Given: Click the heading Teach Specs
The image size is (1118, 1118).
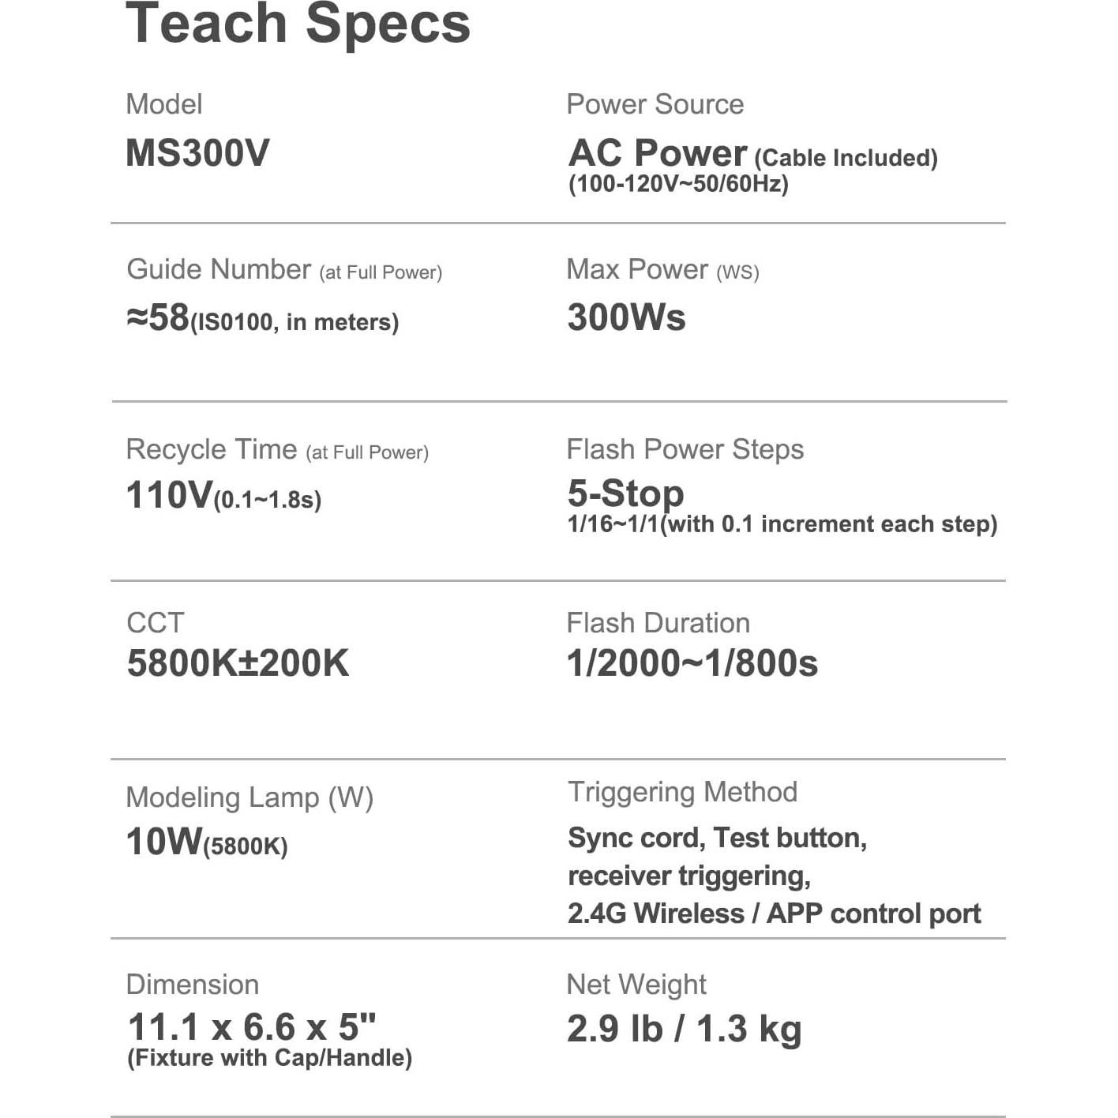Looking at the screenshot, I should coord(298,24).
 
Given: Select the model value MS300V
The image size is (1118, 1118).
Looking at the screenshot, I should coord(197,153).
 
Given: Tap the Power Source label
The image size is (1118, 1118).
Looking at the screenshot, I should coord(655,104).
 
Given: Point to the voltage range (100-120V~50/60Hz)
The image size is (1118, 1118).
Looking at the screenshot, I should coord(678,184).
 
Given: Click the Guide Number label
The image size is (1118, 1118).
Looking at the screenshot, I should coord(219,269).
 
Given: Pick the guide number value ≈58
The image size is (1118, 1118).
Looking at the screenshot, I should coord(158,317).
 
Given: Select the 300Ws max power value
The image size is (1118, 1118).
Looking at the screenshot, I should coord(626,317).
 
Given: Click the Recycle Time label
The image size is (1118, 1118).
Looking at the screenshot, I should coord(211,449).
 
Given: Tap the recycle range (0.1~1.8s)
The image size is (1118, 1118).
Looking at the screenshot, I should coord(268,500).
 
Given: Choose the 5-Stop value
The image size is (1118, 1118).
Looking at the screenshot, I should coord(625,493).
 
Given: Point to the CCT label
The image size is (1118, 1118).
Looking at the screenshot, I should coord(155,623).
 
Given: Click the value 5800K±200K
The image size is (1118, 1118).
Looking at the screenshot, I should coord(238,663).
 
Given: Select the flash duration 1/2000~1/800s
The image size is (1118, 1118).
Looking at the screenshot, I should coord(692,663).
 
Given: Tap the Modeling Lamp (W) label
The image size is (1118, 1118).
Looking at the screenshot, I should coord(249,797).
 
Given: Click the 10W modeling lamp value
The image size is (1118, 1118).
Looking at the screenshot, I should coord(164,842).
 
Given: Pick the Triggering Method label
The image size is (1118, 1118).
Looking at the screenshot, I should coord(682,792).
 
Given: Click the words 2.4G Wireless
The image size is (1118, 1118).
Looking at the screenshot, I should coord(655,914).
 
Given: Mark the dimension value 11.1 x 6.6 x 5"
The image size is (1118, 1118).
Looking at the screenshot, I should coord(252,1027).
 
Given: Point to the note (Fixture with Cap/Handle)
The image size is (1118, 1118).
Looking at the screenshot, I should coord(269,1058).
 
